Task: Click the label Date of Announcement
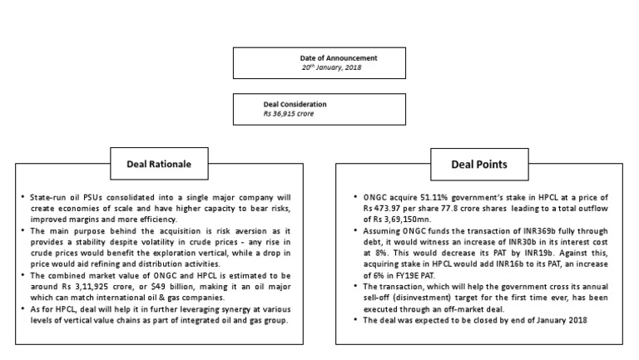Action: (x=339, y=57)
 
